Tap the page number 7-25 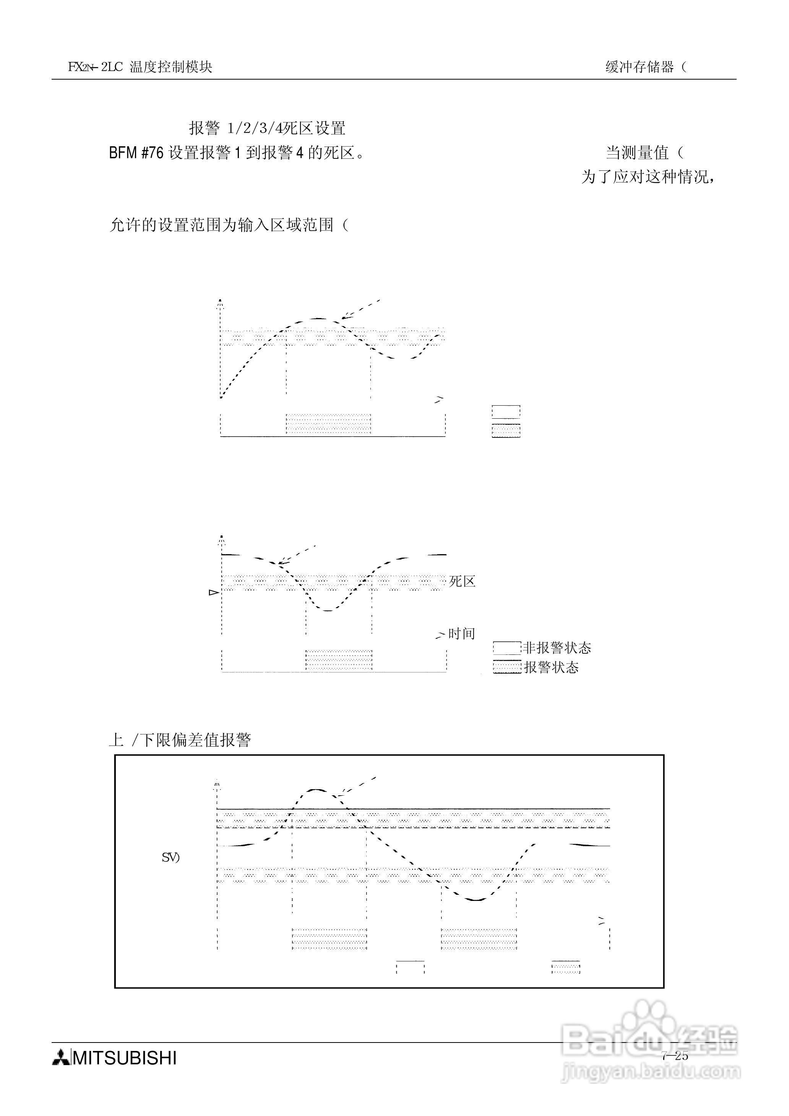pos(675,1056)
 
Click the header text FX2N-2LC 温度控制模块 pos(140,67)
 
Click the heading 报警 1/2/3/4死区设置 pos(267,128)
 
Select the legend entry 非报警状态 pos(557,648)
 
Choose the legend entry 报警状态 pos(551,667)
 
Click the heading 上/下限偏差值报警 pos(180,740)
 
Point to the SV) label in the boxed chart pos(170,858)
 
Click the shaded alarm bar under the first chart pos(328,424)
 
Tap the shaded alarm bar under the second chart pos(339,660)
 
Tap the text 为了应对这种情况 pos(648,176)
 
